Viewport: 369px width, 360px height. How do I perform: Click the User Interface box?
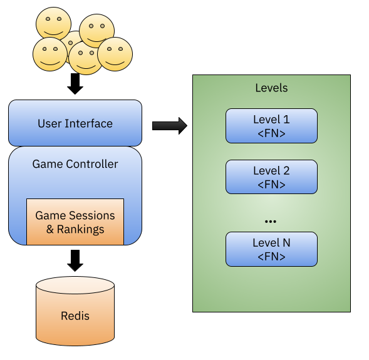click(x=75, y=123)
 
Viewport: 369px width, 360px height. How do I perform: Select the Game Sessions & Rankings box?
click(x=75, y=222)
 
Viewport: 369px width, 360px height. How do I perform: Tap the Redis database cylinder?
click(x=75, y=311)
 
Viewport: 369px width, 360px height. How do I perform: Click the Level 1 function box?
click(x=271, y=126)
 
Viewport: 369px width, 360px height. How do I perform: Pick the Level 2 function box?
click(x=271, y=177)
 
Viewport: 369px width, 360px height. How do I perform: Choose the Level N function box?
click(x=271, y=249)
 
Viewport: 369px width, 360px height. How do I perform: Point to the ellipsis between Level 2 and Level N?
click(x=271, y=221)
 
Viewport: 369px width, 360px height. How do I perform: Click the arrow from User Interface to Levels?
click(x=170, y=126)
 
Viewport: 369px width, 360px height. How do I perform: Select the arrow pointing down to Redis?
click(x=75, y=260)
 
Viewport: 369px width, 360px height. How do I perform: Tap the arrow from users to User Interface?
click(x=75, y=84)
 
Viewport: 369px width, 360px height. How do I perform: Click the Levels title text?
click(x=271, y=88)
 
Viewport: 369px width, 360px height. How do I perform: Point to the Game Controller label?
click(x=75, y=164)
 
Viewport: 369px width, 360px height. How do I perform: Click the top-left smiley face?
click(x=53, y=24)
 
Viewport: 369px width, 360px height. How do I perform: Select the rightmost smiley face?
click(x=115, y=54)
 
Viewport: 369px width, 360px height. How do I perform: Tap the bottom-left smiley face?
click(x=50, y=54)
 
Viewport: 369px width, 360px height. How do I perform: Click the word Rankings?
click(x=80, y=230)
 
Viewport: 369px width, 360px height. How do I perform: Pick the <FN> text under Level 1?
click(x=271, y=133)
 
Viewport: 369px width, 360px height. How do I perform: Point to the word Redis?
click(x=75, y=316)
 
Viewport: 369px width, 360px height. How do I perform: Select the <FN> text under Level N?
click(x=271, y=257)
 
